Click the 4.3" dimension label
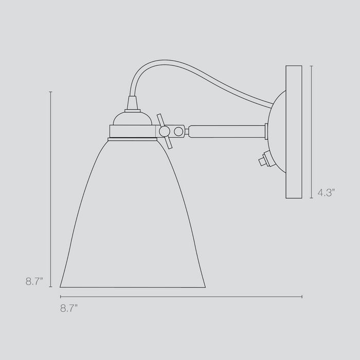pos(326,193)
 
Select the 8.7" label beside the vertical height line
pos(34,281)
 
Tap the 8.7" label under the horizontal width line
pos(69,308)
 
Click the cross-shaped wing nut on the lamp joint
pos(165,131)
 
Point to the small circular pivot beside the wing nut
pos(178,131)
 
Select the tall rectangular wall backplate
pos(294,132)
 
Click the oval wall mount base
pos(278,132)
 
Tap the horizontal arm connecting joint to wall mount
pos(226,131)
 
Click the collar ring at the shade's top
pos(132,138)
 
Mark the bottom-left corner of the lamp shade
pos(61,286)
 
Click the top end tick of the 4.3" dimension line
pos(311,65)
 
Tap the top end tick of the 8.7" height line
pos(50,92)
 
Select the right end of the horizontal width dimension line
pos(302,297)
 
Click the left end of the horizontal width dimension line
pos(61,297)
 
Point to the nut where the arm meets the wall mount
pos(266,131)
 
